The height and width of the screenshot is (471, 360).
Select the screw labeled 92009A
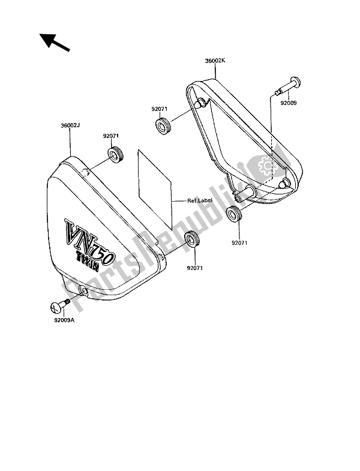(x=57, y=306)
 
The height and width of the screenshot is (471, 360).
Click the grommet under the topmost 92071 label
(x=162, y=127)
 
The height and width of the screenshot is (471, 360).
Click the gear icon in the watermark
(x=264, y=166)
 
